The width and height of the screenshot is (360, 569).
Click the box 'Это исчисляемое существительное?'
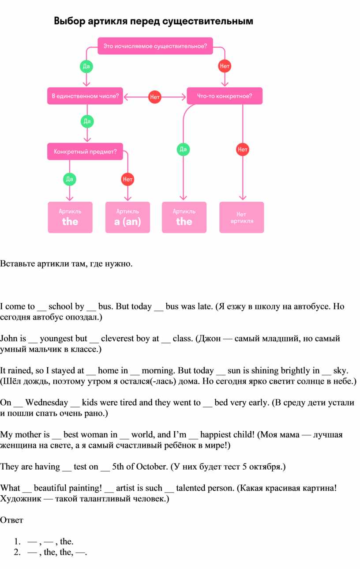coord(155,46)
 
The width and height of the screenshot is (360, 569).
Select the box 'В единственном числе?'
coord(85,96)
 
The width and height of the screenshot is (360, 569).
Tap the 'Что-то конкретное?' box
coord(225,96)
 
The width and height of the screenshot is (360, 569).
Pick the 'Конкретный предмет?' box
coord(85,152)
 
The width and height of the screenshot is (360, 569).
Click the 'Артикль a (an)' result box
coord(127,218)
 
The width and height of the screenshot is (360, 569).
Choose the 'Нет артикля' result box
coord(242,218)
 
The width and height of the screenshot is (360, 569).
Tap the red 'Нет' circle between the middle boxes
coord(154,97)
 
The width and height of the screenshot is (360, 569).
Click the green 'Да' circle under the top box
coord(86,66)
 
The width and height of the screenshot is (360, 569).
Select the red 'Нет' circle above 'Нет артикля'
coord(243,149)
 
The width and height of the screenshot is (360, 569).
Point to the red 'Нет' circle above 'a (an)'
coord(127,179)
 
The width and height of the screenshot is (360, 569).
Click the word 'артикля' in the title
coord(108,21)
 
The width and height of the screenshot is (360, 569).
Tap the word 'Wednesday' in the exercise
coord(47,403)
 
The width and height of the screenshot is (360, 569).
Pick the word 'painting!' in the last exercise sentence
coord(86,488)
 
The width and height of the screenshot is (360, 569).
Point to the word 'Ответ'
coord(11,520)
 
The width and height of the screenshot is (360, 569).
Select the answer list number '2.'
coord(18,552)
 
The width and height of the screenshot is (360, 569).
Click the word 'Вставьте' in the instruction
coord(18,264)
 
